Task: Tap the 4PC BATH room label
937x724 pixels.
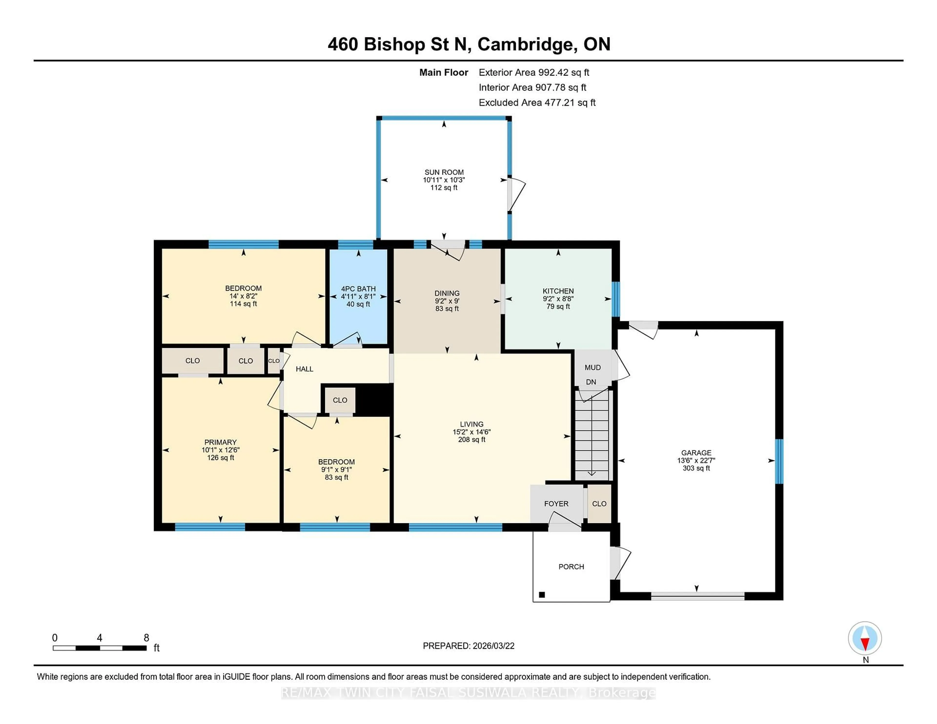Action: tap(358, 289)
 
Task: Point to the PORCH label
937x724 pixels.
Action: tap(571, 567)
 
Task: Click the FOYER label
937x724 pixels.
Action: tap(556, 503)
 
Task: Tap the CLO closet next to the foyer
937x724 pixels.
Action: tap(599, 503)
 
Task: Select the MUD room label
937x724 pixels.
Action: tap(592, 367)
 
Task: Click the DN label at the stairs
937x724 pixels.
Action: tap(591, 382)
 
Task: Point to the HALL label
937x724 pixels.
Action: tap(304, 369)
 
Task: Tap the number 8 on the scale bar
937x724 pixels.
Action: tap(146, 638)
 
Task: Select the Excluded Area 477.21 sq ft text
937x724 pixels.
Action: tap(537, 102)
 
